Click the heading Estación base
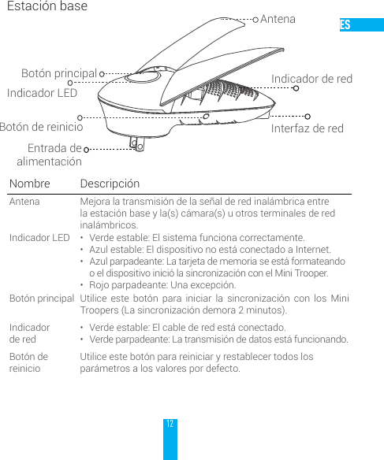coord(47,7)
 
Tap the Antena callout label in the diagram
coord(278,19)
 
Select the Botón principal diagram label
coord(59,73)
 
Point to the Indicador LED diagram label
coord(42,93)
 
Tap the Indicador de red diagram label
coord(311,79)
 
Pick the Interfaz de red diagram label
coord(308,128)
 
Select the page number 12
coord(170,424)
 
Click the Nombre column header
coord(29,184)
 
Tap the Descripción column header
coord(110,184)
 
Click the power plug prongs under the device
coord(137,143)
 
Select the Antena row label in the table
coord(24,202)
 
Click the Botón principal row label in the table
coord(42,299)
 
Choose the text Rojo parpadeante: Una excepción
coord(162,284)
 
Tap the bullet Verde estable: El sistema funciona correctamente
coord(196,237)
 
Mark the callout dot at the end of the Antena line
coord(255,19)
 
